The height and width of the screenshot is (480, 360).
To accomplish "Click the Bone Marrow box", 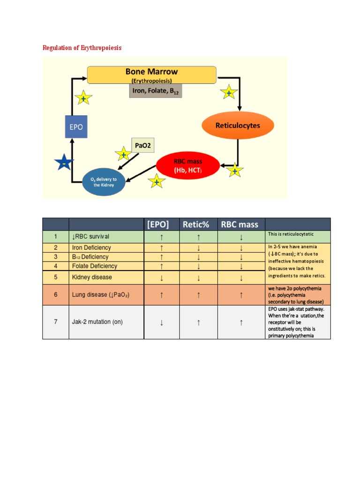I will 151,74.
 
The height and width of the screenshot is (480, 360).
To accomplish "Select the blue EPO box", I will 76,127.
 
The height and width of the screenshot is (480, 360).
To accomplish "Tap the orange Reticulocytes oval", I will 237,126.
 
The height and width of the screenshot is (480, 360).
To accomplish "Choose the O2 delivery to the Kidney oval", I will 105,181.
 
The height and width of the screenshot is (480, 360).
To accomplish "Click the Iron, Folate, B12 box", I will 155,91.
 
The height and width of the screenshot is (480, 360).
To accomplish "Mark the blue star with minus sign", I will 64,163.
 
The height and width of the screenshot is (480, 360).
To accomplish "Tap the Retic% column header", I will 199,225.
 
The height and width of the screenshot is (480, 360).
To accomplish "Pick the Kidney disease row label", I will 92,277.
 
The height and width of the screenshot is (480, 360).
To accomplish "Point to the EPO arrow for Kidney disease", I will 161,277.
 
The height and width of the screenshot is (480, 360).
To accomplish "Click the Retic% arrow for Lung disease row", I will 199,295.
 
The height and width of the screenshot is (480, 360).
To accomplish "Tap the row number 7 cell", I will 55,322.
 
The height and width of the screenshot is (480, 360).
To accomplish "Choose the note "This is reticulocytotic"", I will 291,234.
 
